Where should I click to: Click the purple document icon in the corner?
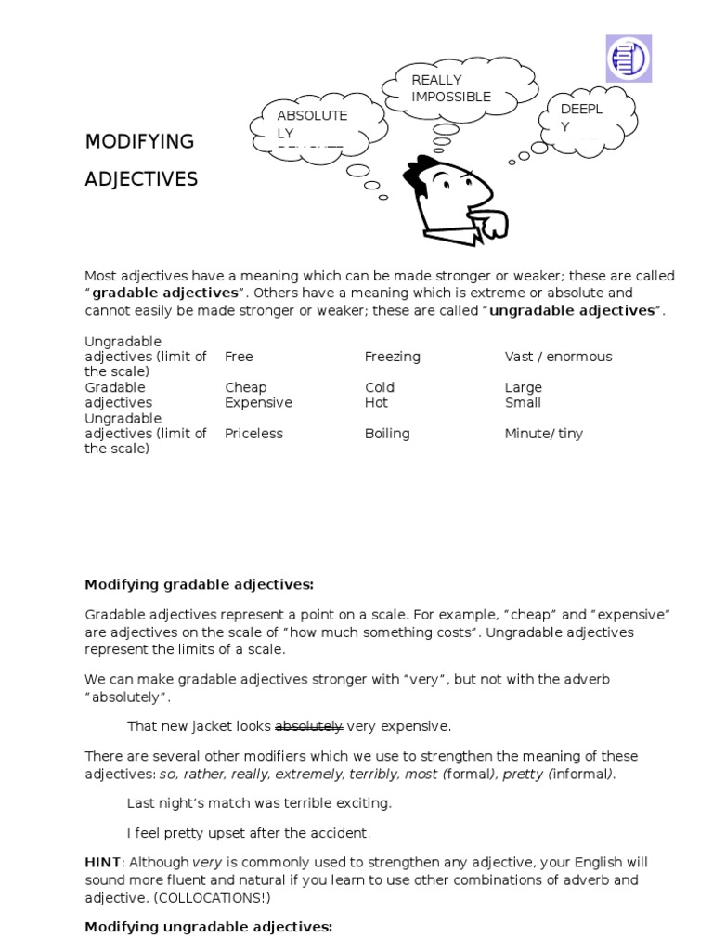[629, 58]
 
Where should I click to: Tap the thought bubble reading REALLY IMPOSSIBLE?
[450, 89]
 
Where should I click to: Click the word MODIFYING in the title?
[139, 141]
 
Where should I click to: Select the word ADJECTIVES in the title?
[141, 178]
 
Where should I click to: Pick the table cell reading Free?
[239, 357]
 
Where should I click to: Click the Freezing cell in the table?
[392, 357]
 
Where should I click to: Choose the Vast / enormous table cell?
[558, 357]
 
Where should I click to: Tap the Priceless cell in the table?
[253, 434]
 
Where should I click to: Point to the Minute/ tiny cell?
[543, 434]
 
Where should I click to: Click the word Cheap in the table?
[245, 387]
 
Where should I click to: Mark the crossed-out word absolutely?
[309, 726]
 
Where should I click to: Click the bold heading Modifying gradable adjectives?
[199, 584]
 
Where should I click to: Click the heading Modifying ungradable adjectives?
[208, 927]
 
